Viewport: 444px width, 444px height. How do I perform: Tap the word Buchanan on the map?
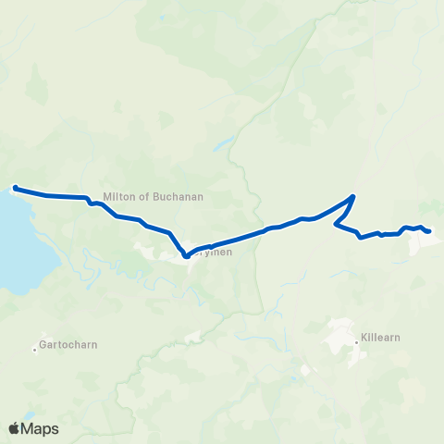(179, 196)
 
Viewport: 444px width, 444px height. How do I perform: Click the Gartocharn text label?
(69, 345)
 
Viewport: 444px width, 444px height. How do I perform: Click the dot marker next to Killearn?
(356, 343)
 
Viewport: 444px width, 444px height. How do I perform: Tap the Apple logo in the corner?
(14, 428)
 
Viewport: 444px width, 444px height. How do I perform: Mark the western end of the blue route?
(15, 189)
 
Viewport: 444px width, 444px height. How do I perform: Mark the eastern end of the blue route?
(429, 231)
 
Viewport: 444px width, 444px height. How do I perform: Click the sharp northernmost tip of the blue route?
(353, 196)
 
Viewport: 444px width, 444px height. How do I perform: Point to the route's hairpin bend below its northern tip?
(335, 224)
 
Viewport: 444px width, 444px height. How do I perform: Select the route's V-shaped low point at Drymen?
(186, 256)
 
